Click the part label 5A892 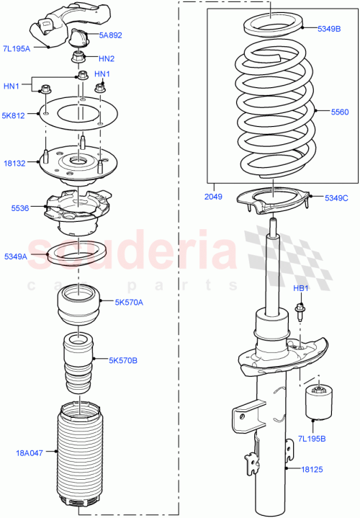click(x=111, y=34)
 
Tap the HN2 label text click(x=106, y=58)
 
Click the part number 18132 click(x=15, y=164)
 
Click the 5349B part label click(x=332, y=29)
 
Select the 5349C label click(x=336, y=197)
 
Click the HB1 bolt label click(x=300, y=288)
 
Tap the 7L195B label click(x=313, y=439)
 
